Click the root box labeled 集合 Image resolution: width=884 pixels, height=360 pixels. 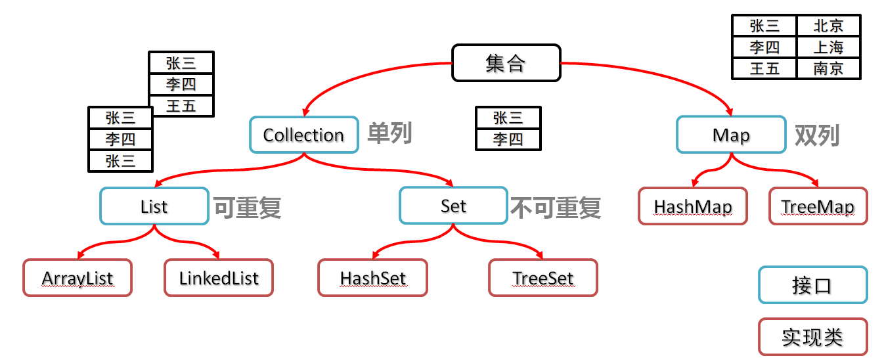pos(506,63)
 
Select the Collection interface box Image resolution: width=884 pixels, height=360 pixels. pos(303,135)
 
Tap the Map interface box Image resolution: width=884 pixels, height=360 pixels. pos(730,135)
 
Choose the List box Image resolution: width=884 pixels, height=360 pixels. pos(154,206)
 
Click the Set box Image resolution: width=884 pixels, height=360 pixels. pos(453,206)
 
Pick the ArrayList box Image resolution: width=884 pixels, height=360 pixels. pos(77,278)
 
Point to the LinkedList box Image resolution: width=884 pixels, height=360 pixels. pos(219,278)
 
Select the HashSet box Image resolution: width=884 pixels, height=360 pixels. pos(372,278)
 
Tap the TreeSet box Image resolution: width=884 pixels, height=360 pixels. pos(543,278)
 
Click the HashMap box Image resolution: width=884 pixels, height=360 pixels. pos(692,206)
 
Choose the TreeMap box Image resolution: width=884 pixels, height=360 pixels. pos(818,206)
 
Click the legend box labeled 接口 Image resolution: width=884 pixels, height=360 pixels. pos(812,285)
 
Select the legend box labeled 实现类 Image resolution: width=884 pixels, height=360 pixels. pos(812,337)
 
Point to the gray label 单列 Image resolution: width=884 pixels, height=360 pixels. pos(389,133)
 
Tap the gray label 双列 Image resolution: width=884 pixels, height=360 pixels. pos(817,135)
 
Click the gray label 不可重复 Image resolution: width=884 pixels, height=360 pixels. pos(556,208)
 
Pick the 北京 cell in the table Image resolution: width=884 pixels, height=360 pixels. pos(828,26)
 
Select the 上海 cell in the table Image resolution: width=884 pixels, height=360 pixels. pos(828,47)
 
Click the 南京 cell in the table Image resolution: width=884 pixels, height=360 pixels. pos(828,68)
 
